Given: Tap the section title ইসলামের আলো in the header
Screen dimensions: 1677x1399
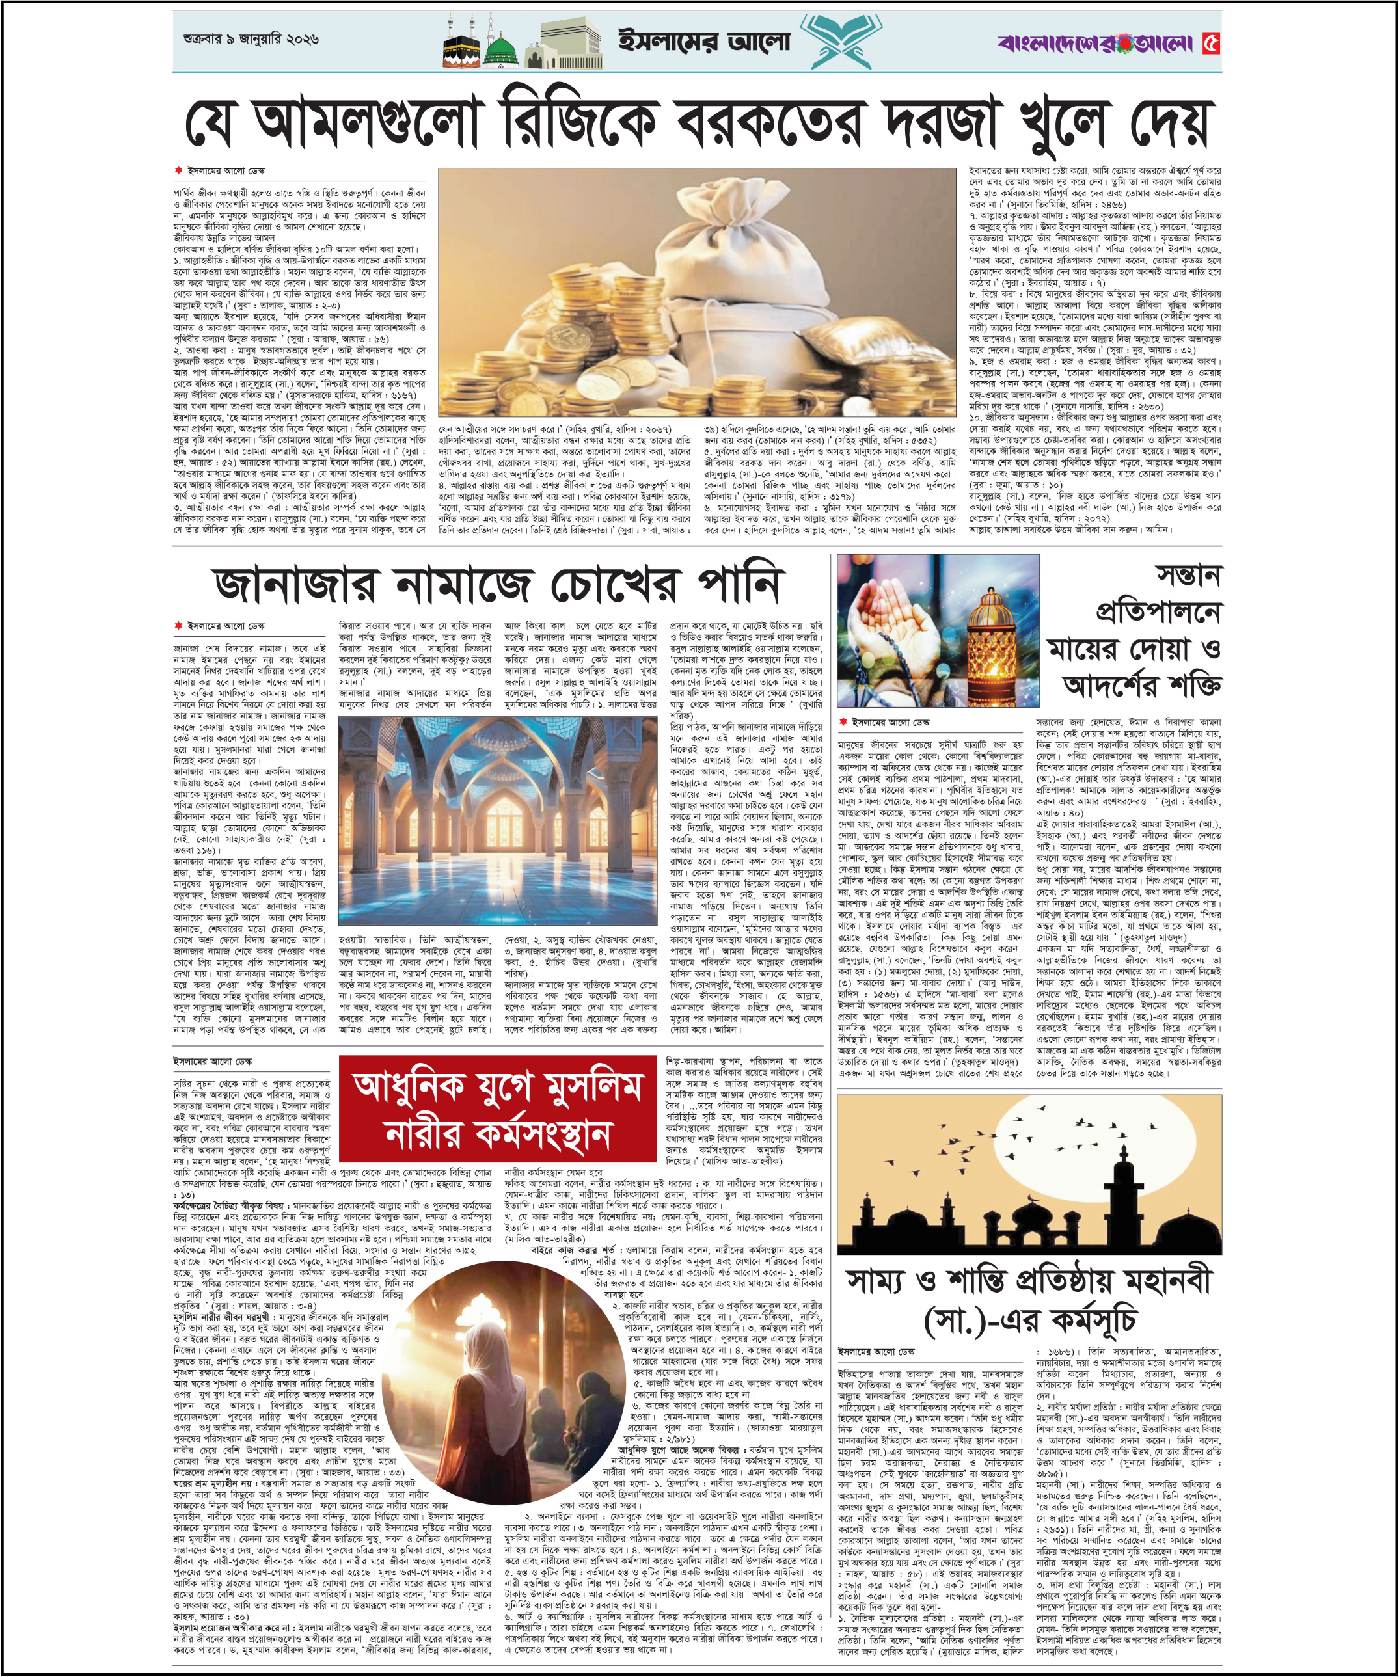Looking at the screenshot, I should [x=704, y=42].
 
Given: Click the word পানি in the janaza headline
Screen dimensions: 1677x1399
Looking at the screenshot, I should [x=739, y=585].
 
